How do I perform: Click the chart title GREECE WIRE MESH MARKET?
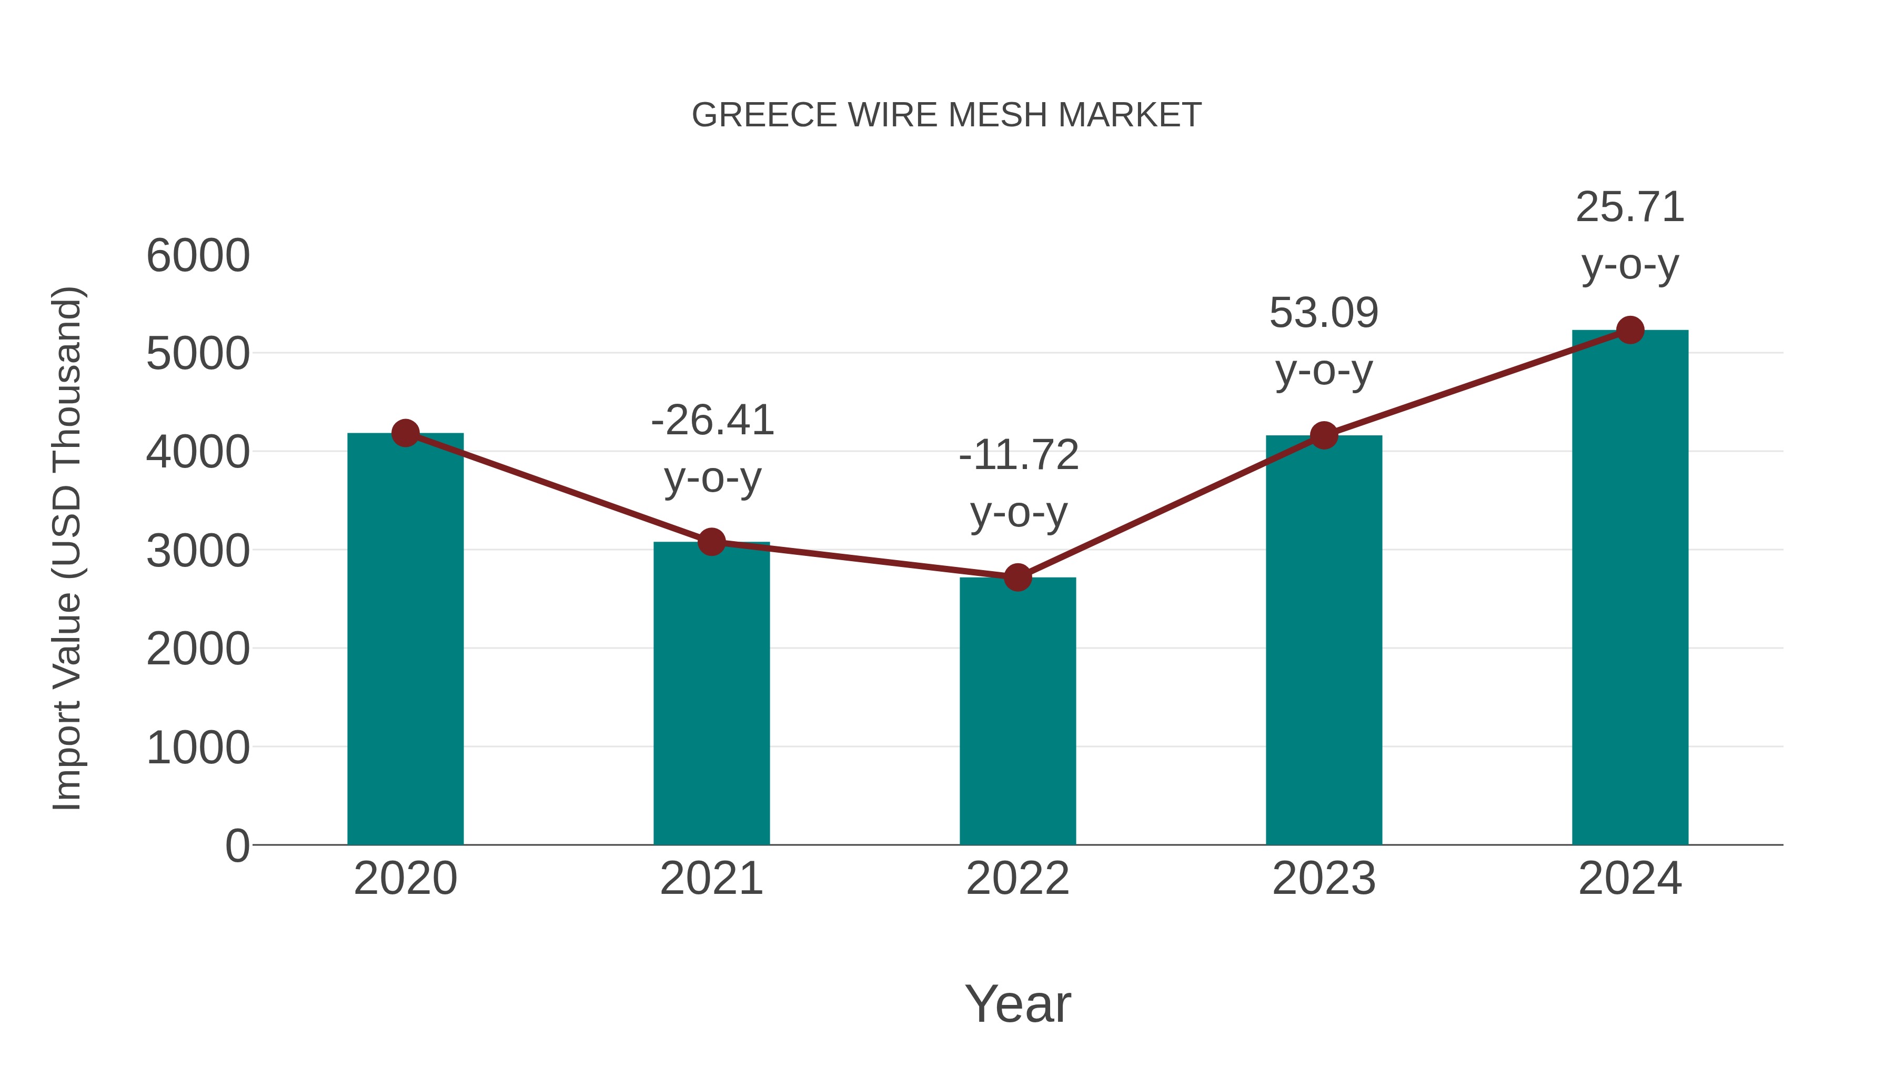pos(946,115)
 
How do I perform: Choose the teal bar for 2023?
pos(1324,640)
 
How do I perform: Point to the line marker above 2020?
pos(405,433)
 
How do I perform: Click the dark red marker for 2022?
pos(1017,577)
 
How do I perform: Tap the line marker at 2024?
pos(1630,330)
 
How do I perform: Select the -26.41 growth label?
pos(712,420)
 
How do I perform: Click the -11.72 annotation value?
pos(1019,455)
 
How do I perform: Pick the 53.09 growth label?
pos(1324,313)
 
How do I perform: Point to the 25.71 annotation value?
pos(1630,207)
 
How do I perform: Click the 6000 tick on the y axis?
pos(198,256)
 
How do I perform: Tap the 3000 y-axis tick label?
pos(198,551)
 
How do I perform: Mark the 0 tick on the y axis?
pos(237,845)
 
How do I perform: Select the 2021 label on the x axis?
pos(711,879)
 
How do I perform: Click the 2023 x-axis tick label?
pos(1324,879)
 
